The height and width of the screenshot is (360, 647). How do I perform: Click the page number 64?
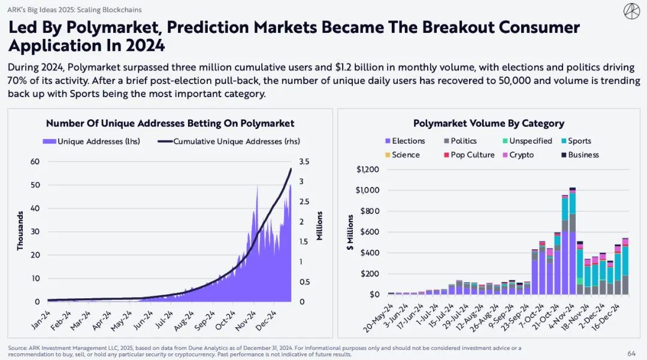coord(631,353)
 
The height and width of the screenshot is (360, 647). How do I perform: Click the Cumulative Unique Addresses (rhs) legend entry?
coord(231,141)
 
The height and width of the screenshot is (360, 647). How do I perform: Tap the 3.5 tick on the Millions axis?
coord(304,162)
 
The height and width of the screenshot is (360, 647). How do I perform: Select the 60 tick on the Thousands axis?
coord(35,162)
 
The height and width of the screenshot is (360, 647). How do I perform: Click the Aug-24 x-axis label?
coord(184,320)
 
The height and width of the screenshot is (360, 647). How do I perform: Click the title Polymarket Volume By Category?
coord(488,123)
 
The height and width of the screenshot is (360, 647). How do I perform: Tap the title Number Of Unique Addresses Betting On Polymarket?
coord(170,123)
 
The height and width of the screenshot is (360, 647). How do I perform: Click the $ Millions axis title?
coord(350,232)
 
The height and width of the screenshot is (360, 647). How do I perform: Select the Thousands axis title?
coord(20,231)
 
